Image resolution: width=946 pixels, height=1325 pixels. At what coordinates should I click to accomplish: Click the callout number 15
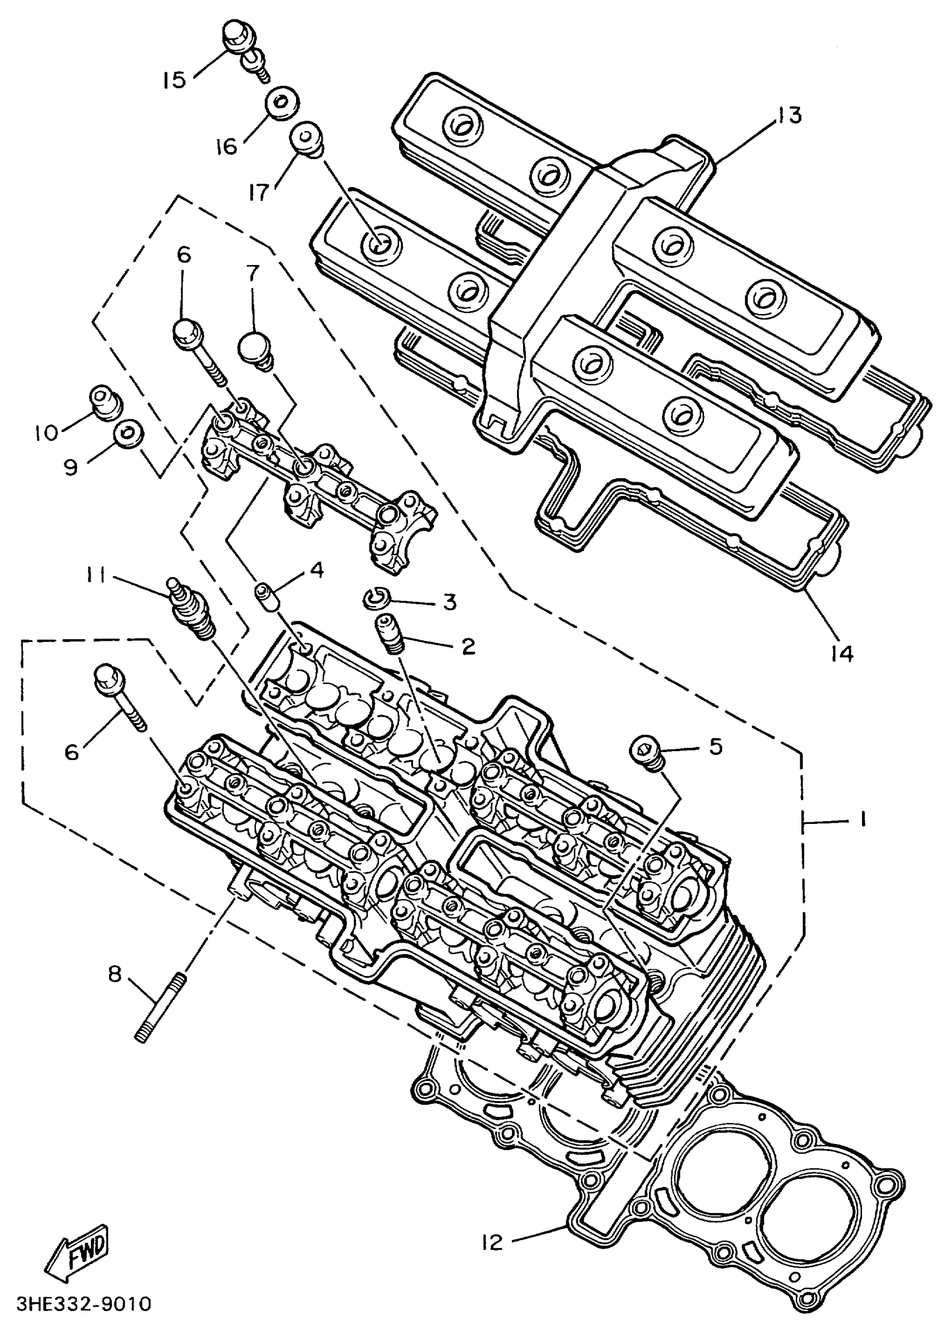(x=174, y=79)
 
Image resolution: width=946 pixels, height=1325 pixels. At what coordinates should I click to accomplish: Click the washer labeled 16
(x=284, y=103)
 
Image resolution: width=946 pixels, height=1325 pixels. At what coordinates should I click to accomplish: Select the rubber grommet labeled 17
(x=307, y=140)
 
